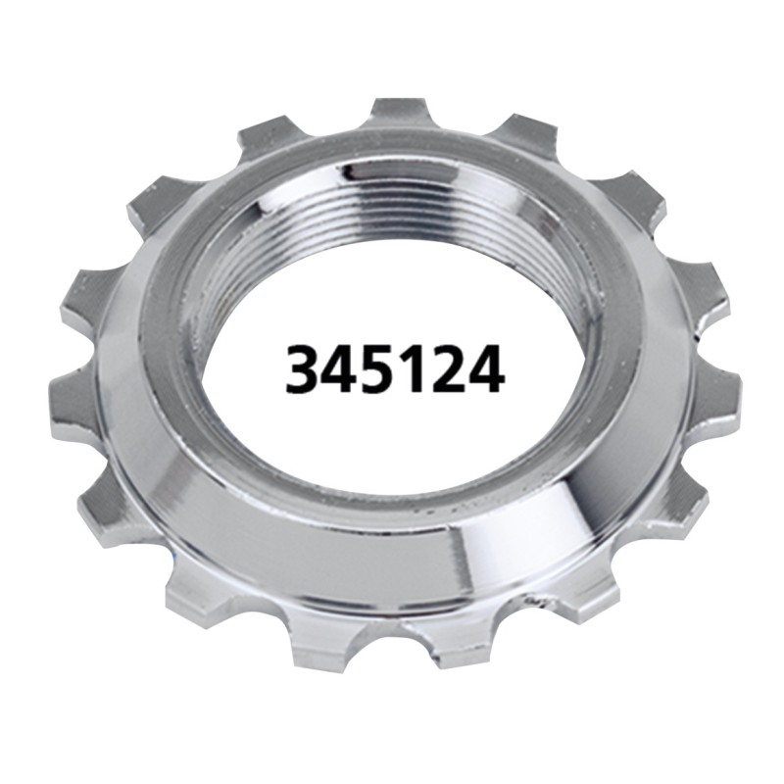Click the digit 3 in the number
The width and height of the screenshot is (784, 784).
(x=303, y=369)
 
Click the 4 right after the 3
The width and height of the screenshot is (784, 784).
(x=340, y=369)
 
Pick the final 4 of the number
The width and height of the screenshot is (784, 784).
(x=484, y=369)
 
